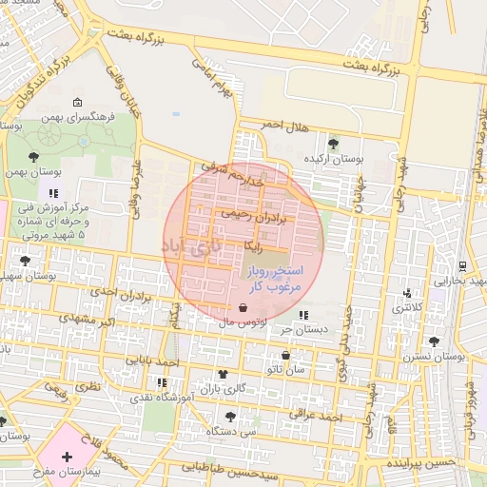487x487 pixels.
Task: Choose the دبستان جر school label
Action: [x=299, y=329]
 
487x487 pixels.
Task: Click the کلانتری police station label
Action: [x=408, y=307]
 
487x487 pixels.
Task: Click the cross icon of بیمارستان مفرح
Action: [x=67, y=458]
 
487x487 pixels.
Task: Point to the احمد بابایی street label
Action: [x=155, y=362]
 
